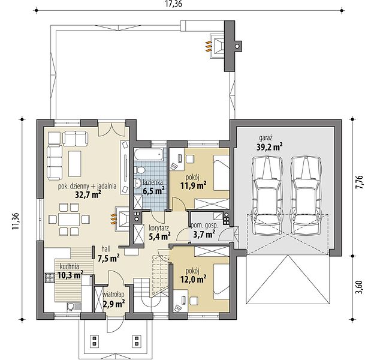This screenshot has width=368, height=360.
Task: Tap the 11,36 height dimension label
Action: pyautogui.click(x=16, y=221)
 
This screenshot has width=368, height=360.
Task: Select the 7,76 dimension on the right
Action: pyautogui.click(x=359, y=181)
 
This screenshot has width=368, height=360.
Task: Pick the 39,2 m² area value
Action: pyautogui.click(x=269, y=146)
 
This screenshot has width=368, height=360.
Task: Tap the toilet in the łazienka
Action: pyautogui.click(x=140, y=170)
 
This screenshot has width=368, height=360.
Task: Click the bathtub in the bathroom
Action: pyautogui.click(x=149, y=154)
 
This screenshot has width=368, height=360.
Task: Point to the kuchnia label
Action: pyautogui.click(x=70, y=266)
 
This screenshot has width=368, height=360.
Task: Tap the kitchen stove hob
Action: pyautogui.click(x=50, y=278)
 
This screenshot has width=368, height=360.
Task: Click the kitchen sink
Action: pyautogui.click(x=74, y=306)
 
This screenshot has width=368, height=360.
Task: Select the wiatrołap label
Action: pyautogui.click(x=114, y=294)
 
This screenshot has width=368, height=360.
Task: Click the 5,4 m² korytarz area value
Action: pyautogui.click(x=159, y=236)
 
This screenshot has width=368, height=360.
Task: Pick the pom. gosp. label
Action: pyautogui.click(x=204, y=226)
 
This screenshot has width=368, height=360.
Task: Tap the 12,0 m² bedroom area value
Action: pyautogui.click(x=193, y=280)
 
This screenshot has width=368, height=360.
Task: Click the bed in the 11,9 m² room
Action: pyautogui.click(x=221, y=172)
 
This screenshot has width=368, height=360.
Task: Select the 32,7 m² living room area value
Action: pyautogui.click(x=88, y=194)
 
